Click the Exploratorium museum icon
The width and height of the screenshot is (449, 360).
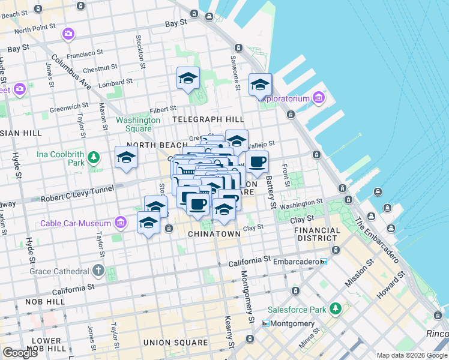click(318, 98)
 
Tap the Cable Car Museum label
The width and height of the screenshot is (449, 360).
click(76, 224)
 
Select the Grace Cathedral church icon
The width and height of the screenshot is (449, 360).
click(98, 270)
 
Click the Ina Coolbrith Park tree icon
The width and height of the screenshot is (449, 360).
click(93, 158)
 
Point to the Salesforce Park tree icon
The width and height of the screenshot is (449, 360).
click(335, 308)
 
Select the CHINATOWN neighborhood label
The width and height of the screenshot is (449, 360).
click(214, 233)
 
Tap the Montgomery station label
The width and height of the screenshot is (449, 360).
click(292, 323)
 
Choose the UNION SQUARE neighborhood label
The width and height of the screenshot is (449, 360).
click(175, 343)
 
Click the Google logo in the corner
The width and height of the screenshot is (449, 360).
click(20, 353)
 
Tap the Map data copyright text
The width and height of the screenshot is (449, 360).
click(412, 355)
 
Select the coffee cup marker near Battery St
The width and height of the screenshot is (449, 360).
click(257, 162)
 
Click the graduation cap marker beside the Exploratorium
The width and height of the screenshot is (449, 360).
click(260, 85)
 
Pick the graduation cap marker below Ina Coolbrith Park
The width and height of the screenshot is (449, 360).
click(126, 158)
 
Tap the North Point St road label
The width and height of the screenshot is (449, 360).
click(35, 29)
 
